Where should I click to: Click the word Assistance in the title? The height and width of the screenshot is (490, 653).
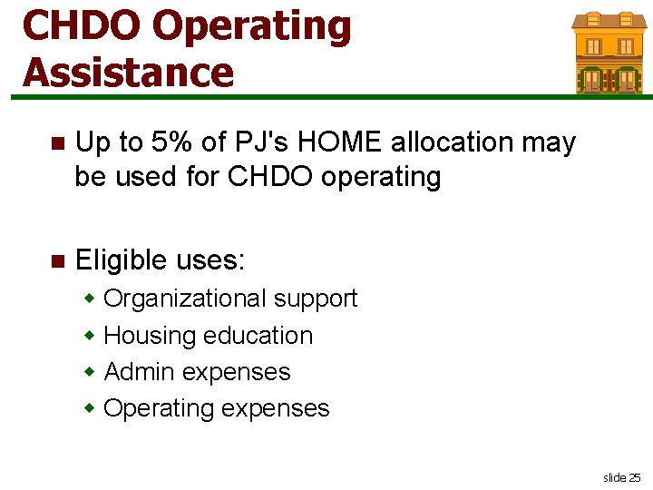tap(128, 72)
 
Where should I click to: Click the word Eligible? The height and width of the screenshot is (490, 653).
tap(122, 261)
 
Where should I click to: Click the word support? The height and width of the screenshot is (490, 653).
tap(316, 299)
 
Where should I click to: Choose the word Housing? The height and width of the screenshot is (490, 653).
tap(150, 336)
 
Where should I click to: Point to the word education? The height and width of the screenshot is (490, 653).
tap(258, 336)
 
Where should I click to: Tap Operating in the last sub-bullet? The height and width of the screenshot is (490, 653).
tap(159, 408)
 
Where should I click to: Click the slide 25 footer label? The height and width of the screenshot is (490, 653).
tap(621, 477)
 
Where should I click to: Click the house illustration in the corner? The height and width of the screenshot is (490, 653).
tap(608, 52)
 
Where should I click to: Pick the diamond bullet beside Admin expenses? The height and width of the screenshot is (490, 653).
tap(91, 372)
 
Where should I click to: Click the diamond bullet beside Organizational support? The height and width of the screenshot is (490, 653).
tap(91, 299)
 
